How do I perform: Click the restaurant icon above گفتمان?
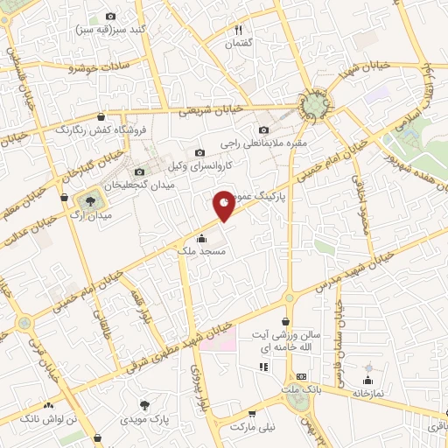point(238,30)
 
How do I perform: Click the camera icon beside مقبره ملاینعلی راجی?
point(264,130)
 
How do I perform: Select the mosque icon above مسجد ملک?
point(202,238)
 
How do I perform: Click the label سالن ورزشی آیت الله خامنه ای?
point(297,341)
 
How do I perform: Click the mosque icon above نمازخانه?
point(367,380)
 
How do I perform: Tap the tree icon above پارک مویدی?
point(145,406)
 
